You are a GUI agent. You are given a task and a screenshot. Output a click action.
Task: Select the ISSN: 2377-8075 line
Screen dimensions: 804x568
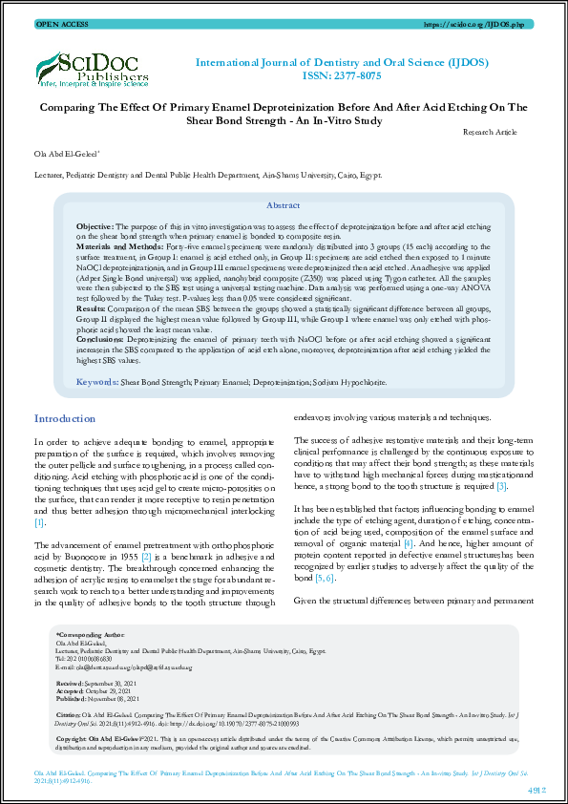click(355, 77)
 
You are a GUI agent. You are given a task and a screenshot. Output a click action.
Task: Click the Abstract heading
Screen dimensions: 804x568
click(283, 206)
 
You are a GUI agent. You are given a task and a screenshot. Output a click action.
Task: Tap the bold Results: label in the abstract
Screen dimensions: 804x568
click(91, 309)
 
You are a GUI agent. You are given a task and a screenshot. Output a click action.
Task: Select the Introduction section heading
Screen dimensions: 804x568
click(64, 419)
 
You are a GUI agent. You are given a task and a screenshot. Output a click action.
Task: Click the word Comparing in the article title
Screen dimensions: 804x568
click(67, 108)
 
